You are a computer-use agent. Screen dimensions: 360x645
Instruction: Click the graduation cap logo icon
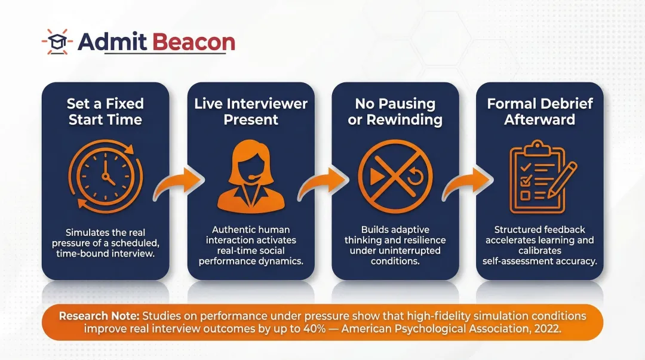[57, 41]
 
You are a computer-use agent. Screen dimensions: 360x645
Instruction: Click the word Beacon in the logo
[194, 42]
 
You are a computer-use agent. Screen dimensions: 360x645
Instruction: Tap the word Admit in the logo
[113, 42]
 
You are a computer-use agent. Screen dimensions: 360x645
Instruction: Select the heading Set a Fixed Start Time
[106, 112]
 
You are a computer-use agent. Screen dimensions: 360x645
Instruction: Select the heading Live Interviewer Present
[251, 112]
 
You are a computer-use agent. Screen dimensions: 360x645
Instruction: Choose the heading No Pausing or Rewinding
[395, 112]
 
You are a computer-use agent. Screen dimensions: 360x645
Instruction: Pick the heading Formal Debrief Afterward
[540, 112]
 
